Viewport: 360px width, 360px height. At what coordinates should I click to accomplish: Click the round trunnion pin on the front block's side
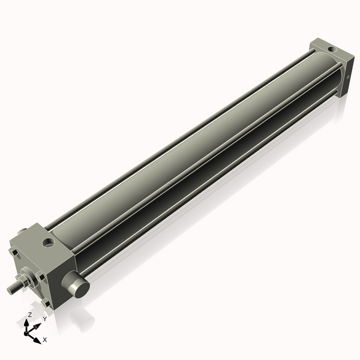pos(79,286)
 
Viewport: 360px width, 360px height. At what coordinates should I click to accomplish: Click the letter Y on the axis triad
pos(44,320)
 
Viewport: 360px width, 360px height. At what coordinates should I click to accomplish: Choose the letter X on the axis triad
pos(45,340)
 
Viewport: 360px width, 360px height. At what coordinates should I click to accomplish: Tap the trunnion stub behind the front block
pos(23,230)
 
